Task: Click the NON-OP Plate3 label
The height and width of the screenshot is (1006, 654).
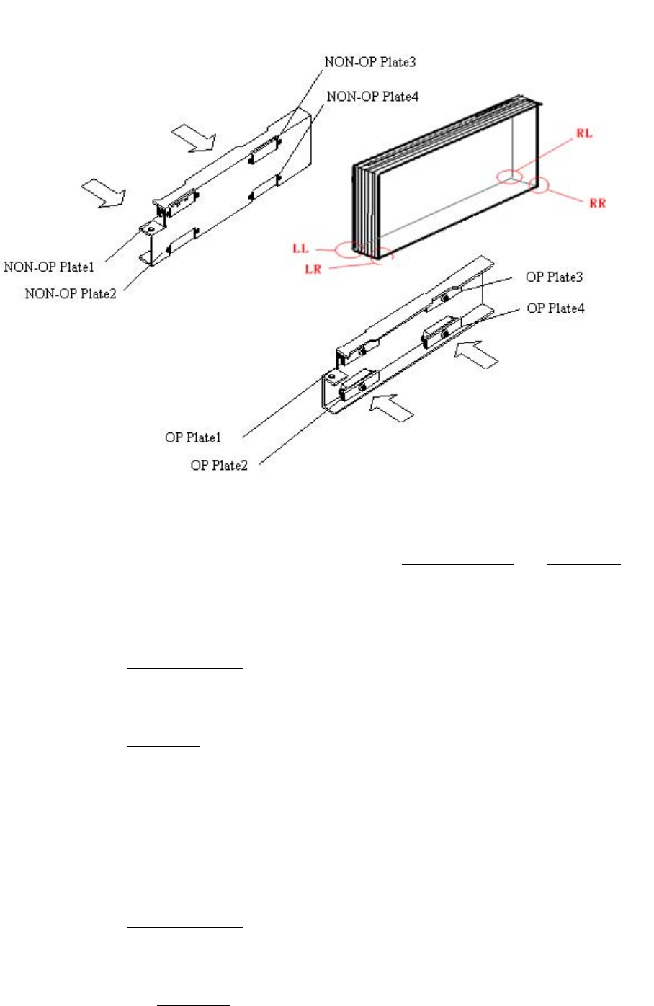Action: click(x=369, y=62)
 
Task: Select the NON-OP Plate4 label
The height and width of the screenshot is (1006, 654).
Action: click(x=372, y=96)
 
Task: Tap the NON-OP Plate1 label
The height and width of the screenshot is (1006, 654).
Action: click(x=49, y=267)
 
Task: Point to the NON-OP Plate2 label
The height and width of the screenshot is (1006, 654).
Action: click(x=70, y=294)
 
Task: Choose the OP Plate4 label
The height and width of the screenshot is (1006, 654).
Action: click(x=555, y=308)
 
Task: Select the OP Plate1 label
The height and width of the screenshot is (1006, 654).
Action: click(x=193, y=437)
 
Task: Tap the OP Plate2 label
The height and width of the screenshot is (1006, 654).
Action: click(x=219, y=466)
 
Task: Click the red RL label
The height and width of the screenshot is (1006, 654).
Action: click(x=584, y=134)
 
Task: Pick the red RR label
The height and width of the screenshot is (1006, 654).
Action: click(x=597, y=203)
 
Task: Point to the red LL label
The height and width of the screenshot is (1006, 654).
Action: click(x=300, y=249)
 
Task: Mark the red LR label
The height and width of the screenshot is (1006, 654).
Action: click(x=313, y=270)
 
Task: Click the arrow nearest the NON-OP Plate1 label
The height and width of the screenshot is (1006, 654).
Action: click(x=104, y=192)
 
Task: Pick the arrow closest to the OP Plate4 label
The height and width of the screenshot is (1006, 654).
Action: click(x=478, y=355)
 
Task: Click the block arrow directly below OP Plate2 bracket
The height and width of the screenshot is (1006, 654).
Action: click(x=390, y=406)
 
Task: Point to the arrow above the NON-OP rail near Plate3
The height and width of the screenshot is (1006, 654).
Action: click(x=194, y=137)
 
